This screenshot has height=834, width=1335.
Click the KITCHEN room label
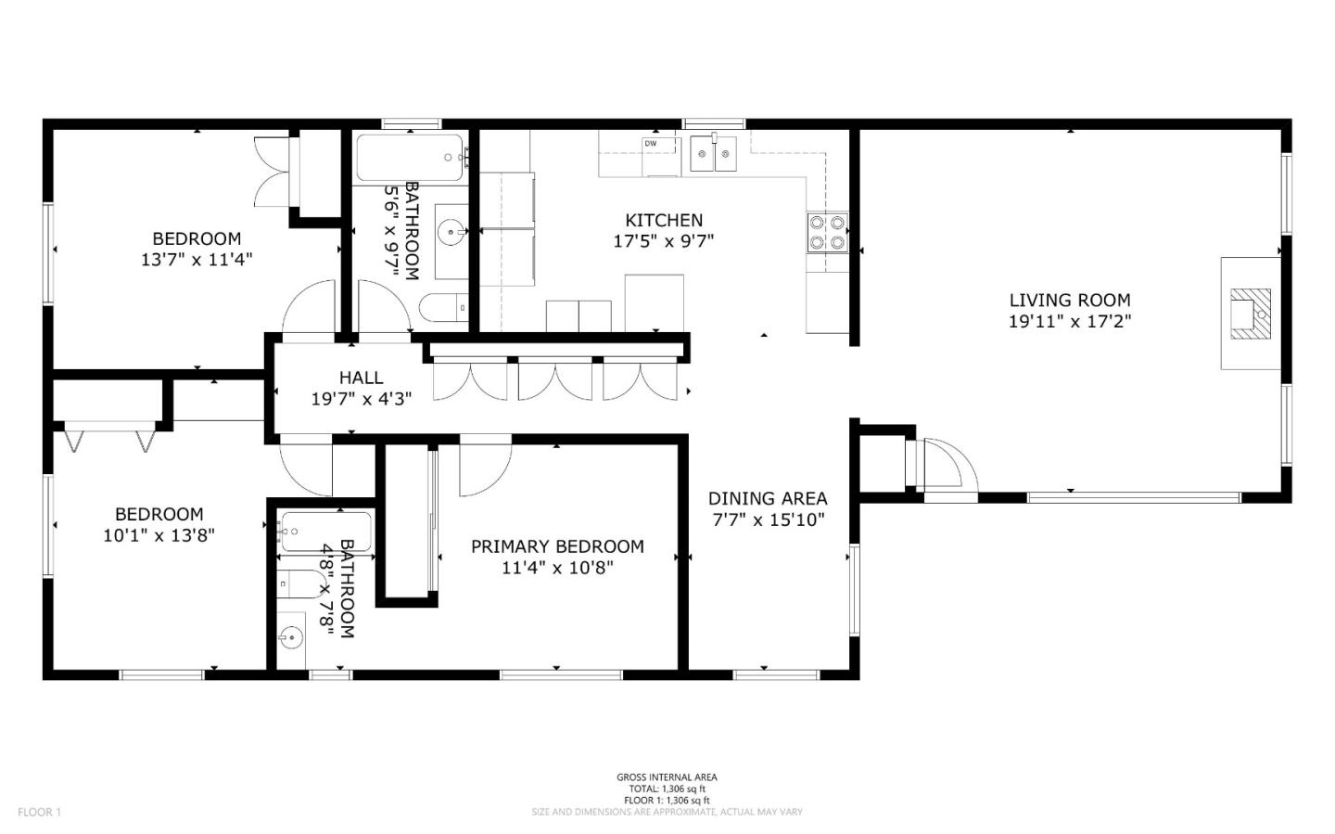click(x=664, y=220)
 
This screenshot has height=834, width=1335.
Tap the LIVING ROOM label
click(x=1069, y=300)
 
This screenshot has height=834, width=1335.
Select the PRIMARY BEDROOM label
click(x=556, y=546)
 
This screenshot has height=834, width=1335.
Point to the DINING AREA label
click(x=767, y=498)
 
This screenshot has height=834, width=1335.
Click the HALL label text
click(x=361, y=378)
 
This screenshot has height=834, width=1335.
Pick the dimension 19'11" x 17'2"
click(x=1069, y=322)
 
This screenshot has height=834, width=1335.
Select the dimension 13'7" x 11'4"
click(x=197, y=260)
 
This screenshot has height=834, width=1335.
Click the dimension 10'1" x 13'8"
click(x=159, y=535)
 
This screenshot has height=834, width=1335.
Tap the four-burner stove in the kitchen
click(x=827, y=233)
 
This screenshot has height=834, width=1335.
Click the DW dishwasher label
click(x=651, y=144)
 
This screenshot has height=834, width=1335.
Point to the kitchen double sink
click(x=713, y=153)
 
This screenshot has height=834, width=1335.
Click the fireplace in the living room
click(x=1250, y=313)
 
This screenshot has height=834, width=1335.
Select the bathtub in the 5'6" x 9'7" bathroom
click(x=410, y=159)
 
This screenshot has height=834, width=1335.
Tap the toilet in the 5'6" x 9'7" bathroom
click(x=443, y=307)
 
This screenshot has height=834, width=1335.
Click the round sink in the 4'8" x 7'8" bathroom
click(x=290, y=638)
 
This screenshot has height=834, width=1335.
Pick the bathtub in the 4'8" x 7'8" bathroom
click(x=325, y=532)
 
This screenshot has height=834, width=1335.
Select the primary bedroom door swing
click(x=484, y=464)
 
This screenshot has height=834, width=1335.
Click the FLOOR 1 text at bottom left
click(x=39, y=813)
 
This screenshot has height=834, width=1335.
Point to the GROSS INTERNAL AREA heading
click(x=667, y=777)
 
